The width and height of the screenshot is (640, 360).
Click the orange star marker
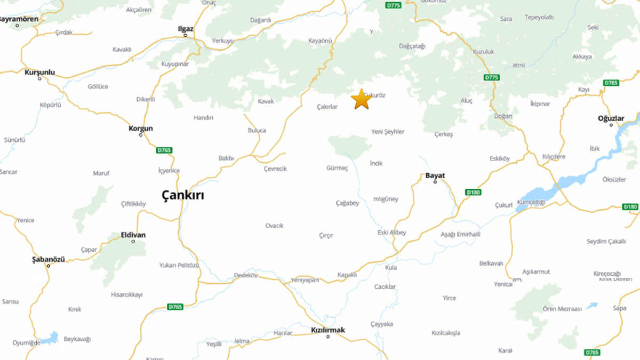click(361, 99)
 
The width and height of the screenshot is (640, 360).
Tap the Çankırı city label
click(182, 195)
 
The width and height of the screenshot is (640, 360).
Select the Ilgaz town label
click(186, 29)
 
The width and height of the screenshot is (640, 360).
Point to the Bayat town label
click(435, 175)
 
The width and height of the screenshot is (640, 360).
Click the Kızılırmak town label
click(327, 330)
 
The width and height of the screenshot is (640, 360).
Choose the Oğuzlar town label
click(611, 118)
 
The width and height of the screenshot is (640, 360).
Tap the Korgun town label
click(141, 129)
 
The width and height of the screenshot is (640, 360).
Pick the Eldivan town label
click(133, 235)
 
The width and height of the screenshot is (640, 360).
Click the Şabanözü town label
click(49, 259)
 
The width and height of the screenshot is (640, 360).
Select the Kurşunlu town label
click(39, 72)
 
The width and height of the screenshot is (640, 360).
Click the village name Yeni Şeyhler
click(388, 132)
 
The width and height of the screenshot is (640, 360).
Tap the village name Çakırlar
click(327, 107)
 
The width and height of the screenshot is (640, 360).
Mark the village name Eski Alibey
click(391, 233)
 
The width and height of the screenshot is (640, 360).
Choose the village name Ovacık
click(274, 226)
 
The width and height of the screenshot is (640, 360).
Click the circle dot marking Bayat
click(435, 182)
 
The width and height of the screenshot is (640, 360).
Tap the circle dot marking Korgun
click(141, 135)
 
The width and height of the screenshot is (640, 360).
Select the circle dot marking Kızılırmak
click(327, 336)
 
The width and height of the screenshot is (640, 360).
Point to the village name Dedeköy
click(246, 276)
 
